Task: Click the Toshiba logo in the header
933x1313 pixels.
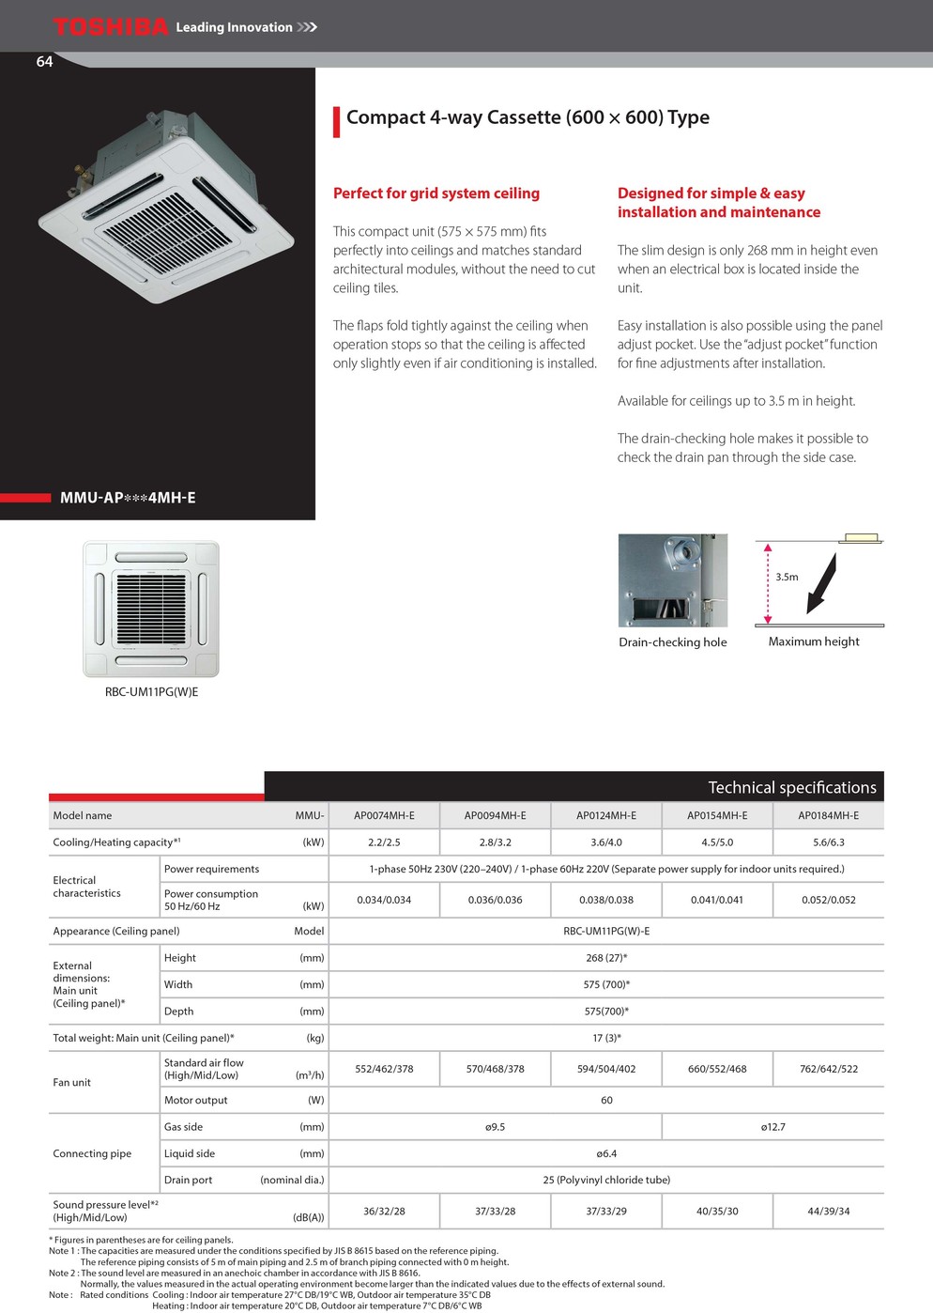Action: click(111, 26)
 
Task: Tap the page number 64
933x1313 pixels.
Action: click(44, 62)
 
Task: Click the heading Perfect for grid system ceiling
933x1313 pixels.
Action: click(436, 193)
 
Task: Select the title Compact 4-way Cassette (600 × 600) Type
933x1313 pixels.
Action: click(528, 117)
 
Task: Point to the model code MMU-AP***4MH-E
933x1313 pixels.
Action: click(128, 498)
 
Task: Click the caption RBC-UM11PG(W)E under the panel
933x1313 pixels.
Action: click(151, 692)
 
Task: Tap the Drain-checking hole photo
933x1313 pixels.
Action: click(672, 580)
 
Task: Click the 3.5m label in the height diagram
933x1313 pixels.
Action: click(787, 577)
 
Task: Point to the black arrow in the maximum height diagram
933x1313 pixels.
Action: click(820, 585)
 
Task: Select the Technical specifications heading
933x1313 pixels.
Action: click(791, 787)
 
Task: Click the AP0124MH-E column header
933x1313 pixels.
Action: click(606, 815)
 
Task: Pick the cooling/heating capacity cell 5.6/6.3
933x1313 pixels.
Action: click(828, 842)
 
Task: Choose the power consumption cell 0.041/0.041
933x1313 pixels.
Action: click(717, 900)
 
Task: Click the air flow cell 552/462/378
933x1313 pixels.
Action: click(384, 1069)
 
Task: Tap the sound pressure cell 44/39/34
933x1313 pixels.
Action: click(828, 1211)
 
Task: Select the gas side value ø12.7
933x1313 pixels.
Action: click(772, 1127)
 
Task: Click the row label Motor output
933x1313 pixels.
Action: click(195, 1100)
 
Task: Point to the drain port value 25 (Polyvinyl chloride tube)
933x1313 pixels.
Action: click(606, 1180)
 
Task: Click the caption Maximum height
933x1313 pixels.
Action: click(814, 641)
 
